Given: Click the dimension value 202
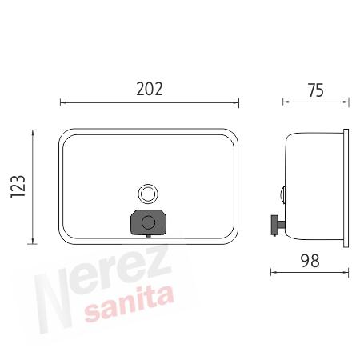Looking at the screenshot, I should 149,89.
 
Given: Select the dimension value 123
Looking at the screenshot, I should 20,186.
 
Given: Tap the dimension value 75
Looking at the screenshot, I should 315,90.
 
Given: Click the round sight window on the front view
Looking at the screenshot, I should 147,194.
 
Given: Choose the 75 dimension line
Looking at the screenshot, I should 315,102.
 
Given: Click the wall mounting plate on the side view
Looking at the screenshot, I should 346,187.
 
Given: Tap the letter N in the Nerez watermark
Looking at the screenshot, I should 56,300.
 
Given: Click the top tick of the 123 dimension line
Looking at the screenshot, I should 33,129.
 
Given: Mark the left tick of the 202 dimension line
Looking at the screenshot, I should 61,102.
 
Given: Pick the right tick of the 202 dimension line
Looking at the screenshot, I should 238,102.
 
